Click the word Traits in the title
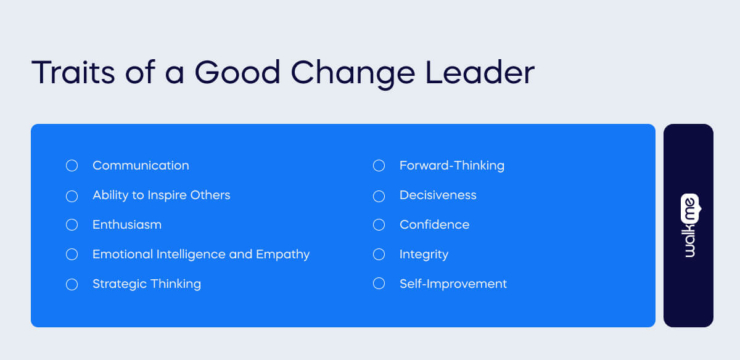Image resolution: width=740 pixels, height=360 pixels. (74, 74)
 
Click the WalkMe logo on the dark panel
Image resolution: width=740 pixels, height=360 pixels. (688, 225)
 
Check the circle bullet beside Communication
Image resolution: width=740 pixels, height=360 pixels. (72, 165)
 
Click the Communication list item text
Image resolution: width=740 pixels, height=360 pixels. (140, 165)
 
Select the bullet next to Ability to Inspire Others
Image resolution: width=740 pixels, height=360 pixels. (72, 195)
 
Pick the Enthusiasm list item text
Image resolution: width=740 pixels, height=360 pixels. (127, 225)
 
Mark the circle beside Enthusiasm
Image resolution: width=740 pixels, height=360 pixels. (72, 225)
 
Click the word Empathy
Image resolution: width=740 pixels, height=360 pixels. (284, 254)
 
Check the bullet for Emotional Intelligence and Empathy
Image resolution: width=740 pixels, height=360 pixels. (72, 254)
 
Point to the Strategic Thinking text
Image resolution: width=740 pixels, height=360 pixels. (146, 284)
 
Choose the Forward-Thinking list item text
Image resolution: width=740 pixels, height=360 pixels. (452, 165)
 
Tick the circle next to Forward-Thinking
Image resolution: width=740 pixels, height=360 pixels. (379, 165)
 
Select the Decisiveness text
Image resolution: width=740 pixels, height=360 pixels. (438, 195)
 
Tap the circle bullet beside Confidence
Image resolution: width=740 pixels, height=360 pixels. (379, 225)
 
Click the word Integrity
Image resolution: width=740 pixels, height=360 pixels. (424, 254)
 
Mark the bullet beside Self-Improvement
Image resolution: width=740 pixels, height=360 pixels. (379, 284)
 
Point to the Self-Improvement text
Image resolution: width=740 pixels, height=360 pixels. (453, 284)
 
